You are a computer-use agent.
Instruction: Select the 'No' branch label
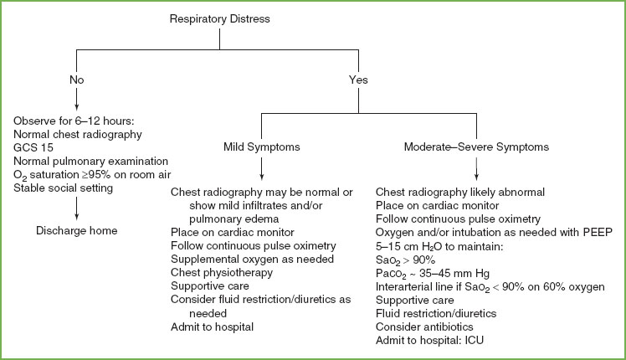click(76, 80)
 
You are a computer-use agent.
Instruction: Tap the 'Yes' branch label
click(357, 80)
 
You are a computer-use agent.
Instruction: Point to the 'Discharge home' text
click(76, 229)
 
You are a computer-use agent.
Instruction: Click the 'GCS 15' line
click(33, 146)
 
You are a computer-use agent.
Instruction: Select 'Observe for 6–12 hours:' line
click(72, 120)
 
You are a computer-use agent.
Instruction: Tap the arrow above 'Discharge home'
click(76, 208)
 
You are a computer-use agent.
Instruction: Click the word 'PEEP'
click(601, 232)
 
